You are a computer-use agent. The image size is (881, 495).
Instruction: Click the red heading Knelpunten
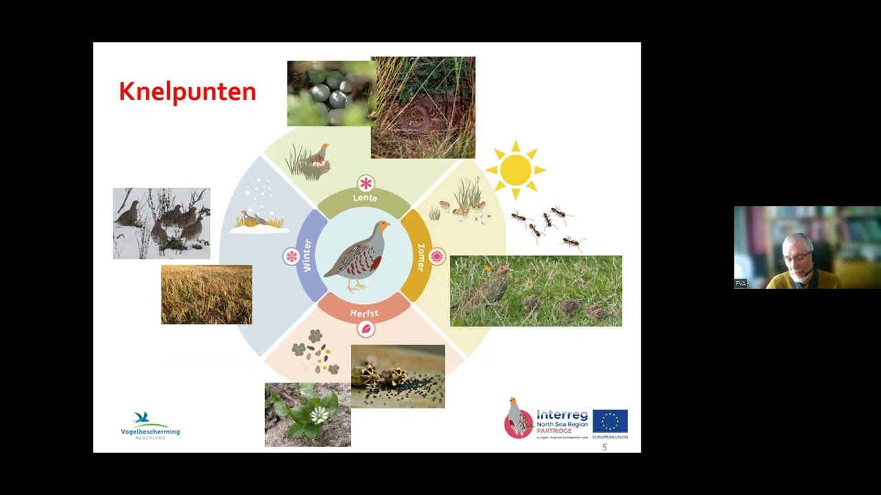pyautogui.click(x=187, y=92)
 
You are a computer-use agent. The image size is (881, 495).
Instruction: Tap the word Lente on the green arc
pyautogui.click(x=365, y=198)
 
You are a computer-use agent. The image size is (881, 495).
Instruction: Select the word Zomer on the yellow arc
pyautogui.click(x=420, y=256)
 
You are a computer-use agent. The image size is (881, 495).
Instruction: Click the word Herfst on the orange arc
pyautogui.click(x=364, y=313)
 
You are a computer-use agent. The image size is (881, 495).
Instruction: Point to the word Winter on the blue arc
pyautogui.click(x=307, y=255)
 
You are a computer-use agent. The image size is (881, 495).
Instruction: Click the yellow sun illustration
pyautogui.click(x=516, y=170)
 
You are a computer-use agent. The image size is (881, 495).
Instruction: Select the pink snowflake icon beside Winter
pyautogui.click(x=291, y=256)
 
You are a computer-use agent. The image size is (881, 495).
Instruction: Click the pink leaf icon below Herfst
pyautogui.click(x=366, y=329)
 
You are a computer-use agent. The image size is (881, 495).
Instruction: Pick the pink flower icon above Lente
pyautogui.click(x=365, y=183)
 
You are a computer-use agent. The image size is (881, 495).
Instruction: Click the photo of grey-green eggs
pyautogui.click(x=331, y=93)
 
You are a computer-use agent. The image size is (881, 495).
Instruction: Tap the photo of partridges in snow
pyautogui.click(x=161, y=223)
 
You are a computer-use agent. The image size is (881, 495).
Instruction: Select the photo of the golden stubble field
pyautogui.click(x=206, y=294)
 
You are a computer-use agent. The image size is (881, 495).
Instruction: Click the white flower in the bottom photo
pyautogui.click(x=319, y=414)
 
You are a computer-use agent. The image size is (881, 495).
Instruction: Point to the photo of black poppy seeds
pyautogui.click(x=398, y=376)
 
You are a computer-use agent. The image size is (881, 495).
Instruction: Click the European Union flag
pyautogui.click(x=610, y=421)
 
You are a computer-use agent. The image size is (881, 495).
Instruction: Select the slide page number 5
pyautogui.click(x=604, y=448)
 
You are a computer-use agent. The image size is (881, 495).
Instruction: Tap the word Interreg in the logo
pyautogui.click(x=562, y=415)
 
